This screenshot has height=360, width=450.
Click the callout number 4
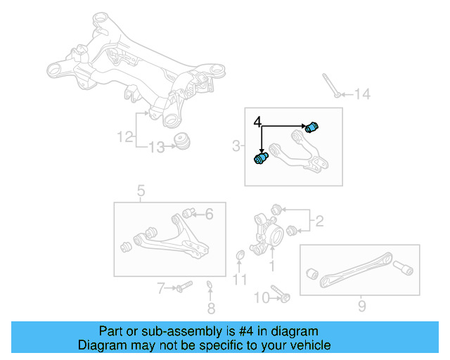click(258, 122)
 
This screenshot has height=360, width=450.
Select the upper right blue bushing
click(314, 126)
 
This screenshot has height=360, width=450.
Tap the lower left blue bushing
click(261, 159)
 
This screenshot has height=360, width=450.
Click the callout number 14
click(361, 94)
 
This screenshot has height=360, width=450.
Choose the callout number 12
click(124, 137)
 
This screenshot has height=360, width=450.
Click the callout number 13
click(155, 147)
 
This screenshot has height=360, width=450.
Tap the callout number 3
click(236, 146)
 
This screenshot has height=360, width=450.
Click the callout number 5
click(141, 190)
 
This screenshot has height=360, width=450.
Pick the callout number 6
click(209, 215)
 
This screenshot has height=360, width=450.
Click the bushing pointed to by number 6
click(188, 212)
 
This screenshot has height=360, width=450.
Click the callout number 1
click(273, 266)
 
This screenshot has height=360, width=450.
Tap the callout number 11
click(240, 280)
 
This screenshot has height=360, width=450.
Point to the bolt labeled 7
click(183, 287)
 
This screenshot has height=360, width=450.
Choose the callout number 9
click(361, 306)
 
